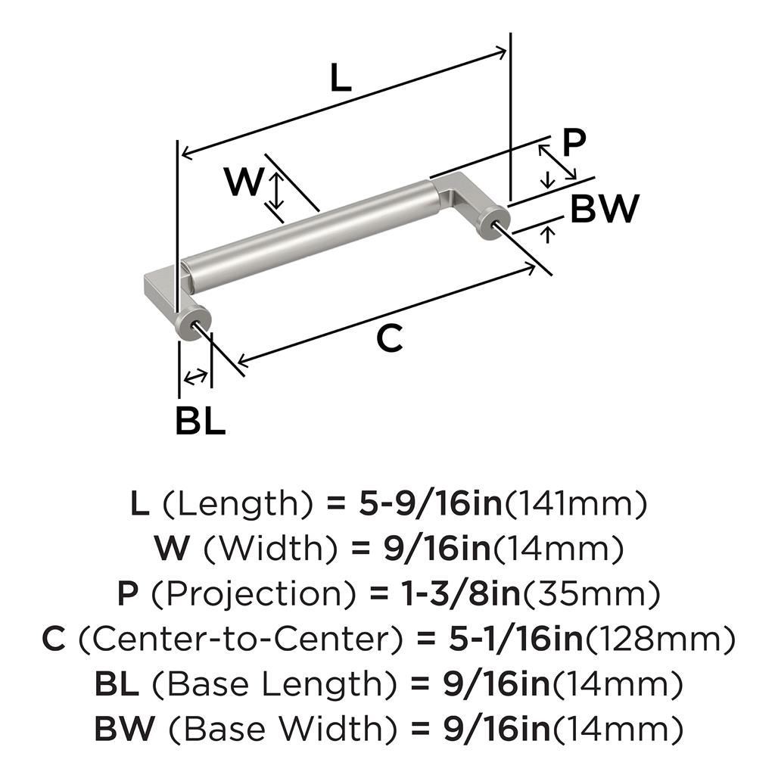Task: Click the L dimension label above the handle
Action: pyautogui.click(x=341, y=79)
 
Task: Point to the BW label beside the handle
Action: pyautogui.click(x=605, y=209)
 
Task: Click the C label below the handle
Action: pyautogui.click(x=390, y=341)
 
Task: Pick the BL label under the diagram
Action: pyautogui.click(x=200, y=421)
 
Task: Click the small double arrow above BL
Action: pyautogui.click(x=196, y=375)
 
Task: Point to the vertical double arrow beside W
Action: pyautogui.click(x=278, y=191)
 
